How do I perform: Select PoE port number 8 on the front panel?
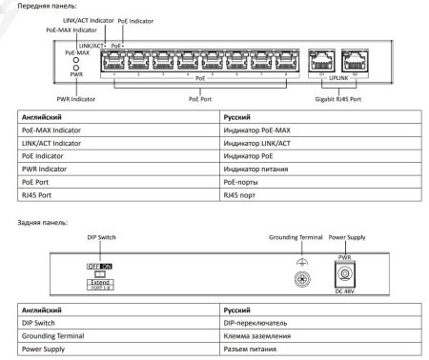pyautogui.click(x=283, y=61)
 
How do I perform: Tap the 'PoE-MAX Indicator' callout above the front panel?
pyautogui.click(x=71, y=30)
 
